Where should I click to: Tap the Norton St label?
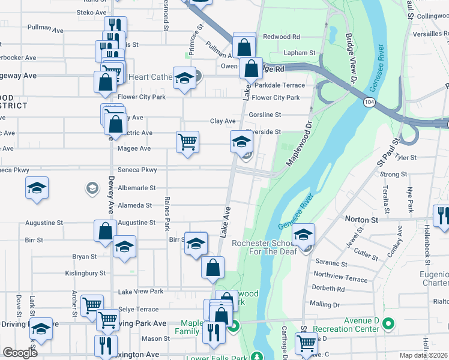point(360,220)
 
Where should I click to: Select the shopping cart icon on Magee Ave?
point(187,142)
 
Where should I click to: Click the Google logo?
point(20,353)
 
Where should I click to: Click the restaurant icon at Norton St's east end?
point(442,216)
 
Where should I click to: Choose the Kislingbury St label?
point(78,273)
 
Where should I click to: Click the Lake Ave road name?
point(226,221)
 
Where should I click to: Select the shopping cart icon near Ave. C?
point(306,343)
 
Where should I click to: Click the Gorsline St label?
point(267,115)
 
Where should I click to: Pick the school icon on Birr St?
point(195,244)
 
